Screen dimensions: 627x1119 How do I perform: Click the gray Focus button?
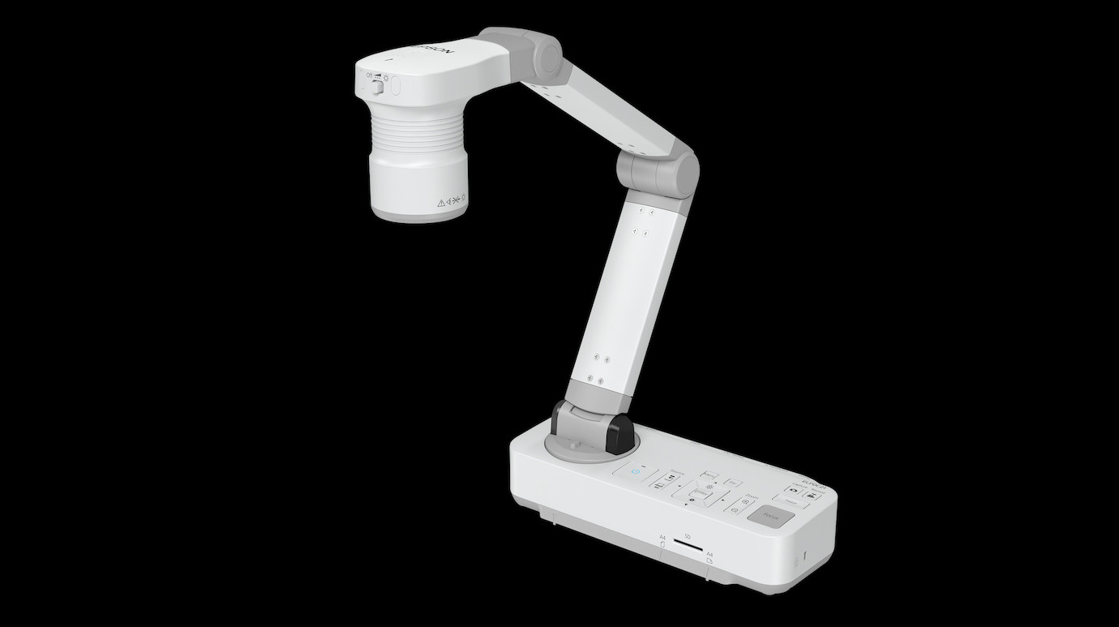768,515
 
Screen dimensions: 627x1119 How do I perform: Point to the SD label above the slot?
688,537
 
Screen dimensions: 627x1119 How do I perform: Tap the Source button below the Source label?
662,481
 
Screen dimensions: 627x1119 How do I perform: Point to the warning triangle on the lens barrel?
441,203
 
